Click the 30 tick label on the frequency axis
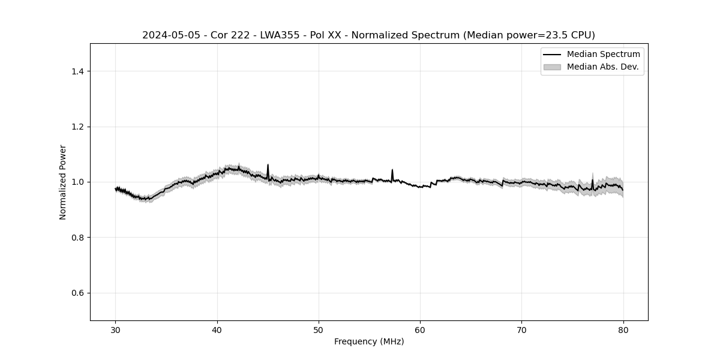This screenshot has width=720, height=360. [116, 329]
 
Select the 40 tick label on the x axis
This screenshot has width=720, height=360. [217, 329]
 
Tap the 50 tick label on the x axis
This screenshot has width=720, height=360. [319, 329]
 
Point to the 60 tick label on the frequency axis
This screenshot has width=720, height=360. [420, 329]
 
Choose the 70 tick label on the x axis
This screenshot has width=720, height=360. [522, 329]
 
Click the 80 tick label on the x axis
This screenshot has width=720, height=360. [623, 329]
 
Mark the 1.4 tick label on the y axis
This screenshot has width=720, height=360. [77, 71]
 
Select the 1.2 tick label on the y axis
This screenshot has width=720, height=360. [77, 127]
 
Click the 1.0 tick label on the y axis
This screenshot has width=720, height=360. [77, 182]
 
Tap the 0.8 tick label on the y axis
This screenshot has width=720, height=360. [77, 238]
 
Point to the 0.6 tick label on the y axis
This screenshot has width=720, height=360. [77, 293]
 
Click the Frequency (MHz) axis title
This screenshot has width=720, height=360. [369, 341]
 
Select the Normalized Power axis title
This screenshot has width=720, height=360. [63, 182]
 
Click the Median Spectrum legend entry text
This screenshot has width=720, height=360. [603, 55]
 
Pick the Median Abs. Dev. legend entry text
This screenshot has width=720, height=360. [602, 67]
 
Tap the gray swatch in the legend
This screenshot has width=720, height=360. [552, 67]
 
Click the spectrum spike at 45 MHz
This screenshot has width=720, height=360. [268, 165]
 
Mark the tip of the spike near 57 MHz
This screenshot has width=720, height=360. [392, 170]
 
